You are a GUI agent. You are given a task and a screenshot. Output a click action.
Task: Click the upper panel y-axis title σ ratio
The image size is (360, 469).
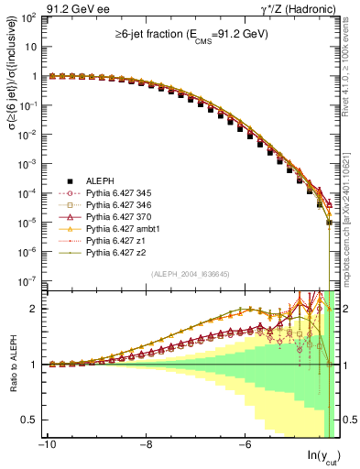pos(11,151)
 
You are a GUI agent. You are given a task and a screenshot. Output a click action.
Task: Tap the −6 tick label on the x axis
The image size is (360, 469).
pos(244,446)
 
